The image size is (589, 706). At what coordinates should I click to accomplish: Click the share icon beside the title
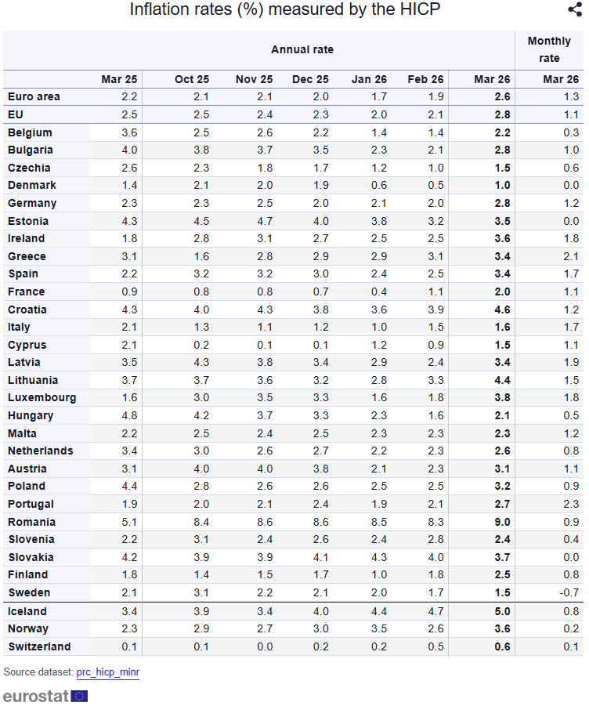[574, 10]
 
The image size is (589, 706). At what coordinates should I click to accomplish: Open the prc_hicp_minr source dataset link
[107, 672]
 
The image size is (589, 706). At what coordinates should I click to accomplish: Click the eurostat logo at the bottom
[45, 696]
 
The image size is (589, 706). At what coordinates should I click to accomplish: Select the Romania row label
[31, 522]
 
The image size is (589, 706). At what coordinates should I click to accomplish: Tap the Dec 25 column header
[310, 79]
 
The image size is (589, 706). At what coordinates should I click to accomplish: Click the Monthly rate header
[549, 49]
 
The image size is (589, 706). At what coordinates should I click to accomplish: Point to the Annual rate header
[302, 49]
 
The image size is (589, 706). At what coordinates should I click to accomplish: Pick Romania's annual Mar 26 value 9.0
[502, 522]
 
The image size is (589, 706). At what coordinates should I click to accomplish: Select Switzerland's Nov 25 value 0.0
[265, 646]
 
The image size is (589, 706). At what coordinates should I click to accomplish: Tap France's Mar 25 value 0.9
[129, 291]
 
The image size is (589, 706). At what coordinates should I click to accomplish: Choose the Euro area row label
[34, 96]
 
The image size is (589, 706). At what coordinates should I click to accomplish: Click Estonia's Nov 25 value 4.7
[265, 221]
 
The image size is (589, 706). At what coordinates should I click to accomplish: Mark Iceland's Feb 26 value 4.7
[435, 611]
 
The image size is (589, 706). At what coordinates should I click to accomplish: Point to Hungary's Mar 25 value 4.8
[129, 415]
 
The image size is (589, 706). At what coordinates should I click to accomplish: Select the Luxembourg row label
[42, 397]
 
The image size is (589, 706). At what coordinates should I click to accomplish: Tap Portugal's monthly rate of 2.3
[571, 504]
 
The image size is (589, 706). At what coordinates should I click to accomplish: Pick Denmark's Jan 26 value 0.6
[378, 185]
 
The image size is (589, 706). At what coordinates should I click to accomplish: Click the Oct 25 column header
[192, 79]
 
